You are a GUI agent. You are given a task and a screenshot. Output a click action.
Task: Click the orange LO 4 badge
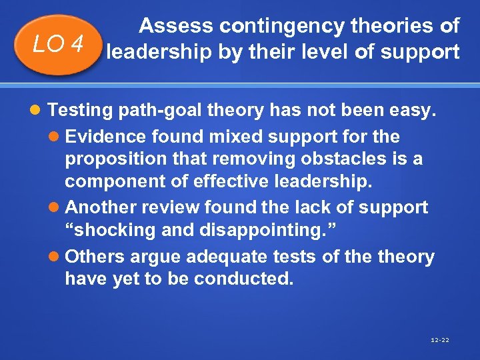tap(59, 45)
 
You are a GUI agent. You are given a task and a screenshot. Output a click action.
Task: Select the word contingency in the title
tap(288, 26)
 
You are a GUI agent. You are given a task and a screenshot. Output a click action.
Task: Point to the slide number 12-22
tap(441, 340)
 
